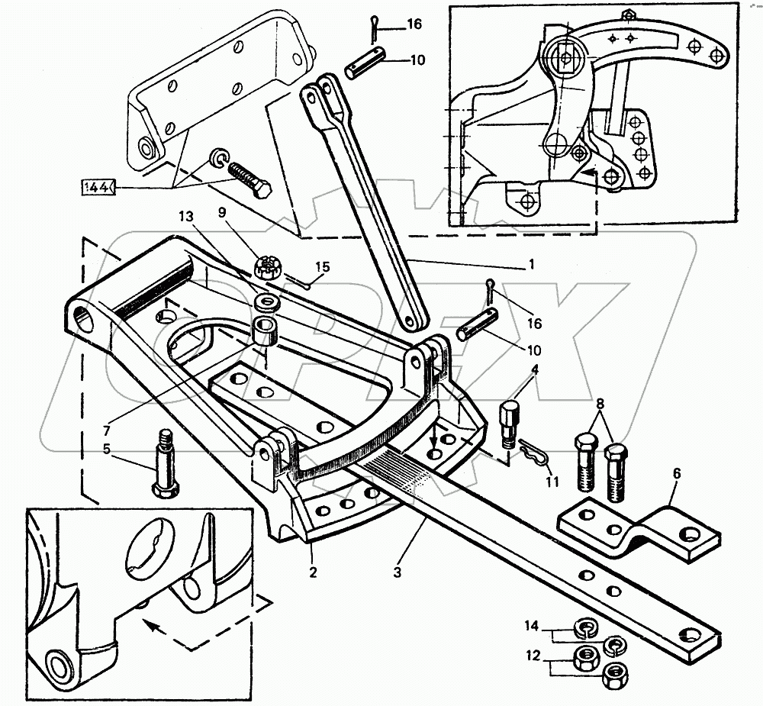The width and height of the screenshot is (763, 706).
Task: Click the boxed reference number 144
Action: [98, 187]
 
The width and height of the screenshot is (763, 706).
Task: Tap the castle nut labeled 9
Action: [266, 268]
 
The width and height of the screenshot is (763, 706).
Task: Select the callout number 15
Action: [322, 267]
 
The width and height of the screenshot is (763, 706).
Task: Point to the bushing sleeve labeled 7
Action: [264, 331]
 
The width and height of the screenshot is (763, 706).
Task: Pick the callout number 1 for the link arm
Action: [531, 264]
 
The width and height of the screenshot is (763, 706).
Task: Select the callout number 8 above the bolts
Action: [600, 404]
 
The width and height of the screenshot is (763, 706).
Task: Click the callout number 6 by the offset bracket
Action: [676, 474]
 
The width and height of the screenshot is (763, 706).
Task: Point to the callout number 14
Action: [532, 626]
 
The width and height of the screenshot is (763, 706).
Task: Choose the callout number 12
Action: [533, 656]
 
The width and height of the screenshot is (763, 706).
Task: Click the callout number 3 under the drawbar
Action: [398, 572]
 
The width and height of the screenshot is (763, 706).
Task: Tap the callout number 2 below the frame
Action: [313, 572]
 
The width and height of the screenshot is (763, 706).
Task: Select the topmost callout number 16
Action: [414, 24]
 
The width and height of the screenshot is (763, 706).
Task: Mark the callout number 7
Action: [107, 430]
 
